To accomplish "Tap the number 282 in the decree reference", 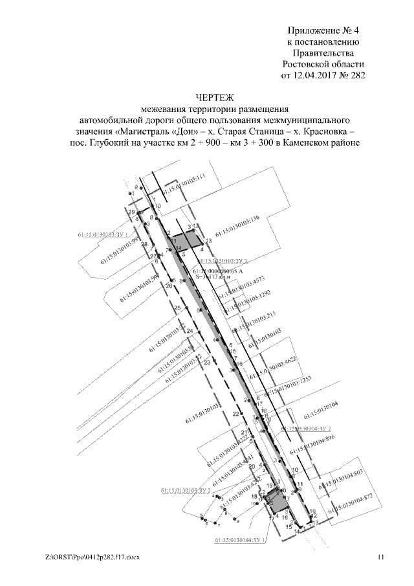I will [x=357, y=76].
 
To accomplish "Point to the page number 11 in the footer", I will [x=381, y=557].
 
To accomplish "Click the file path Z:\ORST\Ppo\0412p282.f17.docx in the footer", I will [x=93, y=557].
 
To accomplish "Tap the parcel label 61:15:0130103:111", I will [x=184, y=184].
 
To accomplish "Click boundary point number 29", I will [x=131, y=212].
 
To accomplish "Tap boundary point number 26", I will [x=169, y=286].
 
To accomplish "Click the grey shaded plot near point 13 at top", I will [x=192, y=242].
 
